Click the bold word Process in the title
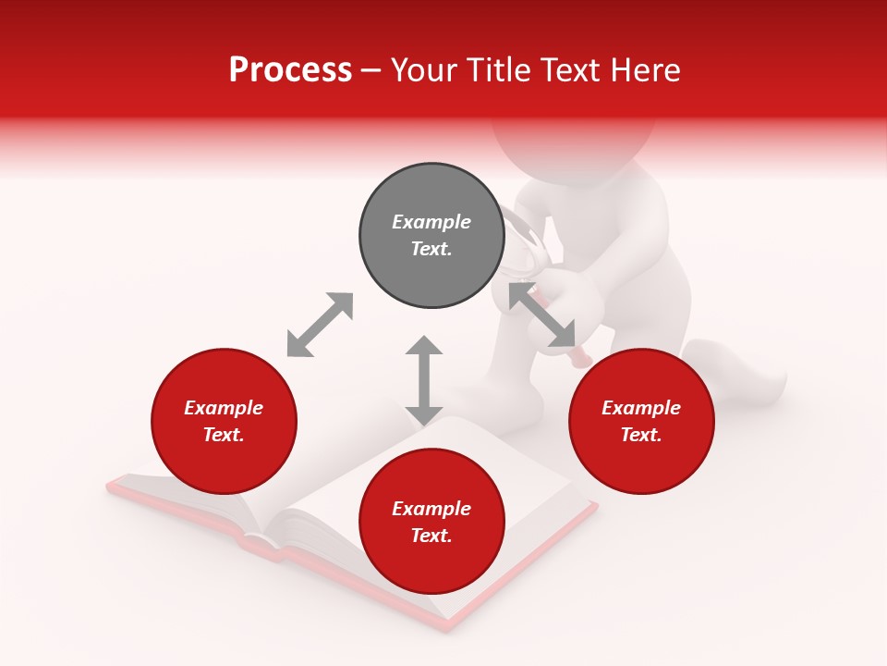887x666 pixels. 290,70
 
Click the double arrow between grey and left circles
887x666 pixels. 320,325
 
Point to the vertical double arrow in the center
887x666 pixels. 424,380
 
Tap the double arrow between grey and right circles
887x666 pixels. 542,315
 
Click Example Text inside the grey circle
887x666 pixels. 431,235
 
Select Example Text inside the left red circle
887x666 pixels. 224,421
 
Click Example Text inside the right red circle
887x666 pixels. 641,421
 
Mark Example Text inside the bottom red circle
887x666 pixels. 431,522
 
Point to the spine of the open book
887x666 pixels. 268,536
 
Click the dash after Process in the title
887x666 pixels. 371,71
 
